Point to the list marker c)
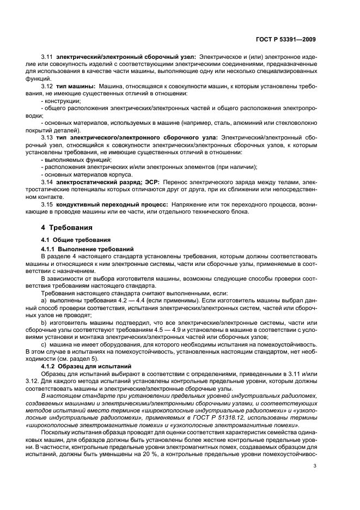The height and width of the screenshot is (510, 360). point(44,344)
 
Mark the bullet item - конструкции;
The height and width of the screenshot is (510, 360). point(61,101)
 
